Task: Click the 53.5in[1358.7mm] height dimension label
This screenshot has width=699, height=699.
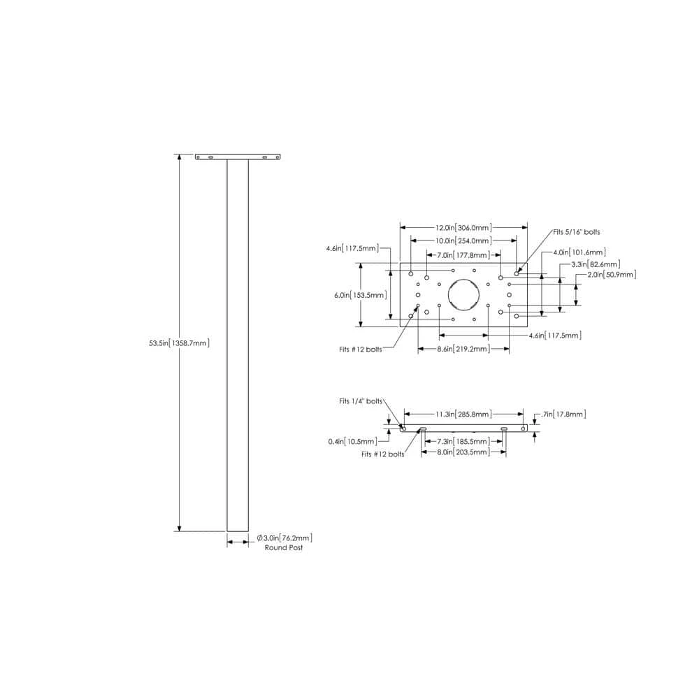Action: coord(179,343)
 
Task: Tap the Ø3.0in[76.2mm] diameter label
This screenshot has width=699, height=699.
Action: coord(284,538)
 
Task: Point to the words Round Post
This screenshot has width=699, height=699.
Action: coord(284,547)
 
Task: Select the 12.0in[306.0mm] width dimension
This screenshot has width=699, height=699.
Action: coord(463,227)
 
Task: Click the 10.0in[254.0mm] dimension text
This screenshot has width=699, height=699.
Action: coord(463,240)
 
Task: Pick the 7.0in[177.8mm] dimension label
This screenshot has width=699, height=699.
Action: coord(463,255)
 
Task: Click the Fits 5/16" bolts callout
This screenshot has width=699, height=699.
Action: coord(577,232)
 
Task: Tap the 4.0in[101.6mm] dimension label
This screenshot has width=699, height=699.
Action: coord(579,252)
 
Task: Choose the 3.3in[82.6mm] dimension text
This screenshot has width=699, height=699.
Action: coord(596,264)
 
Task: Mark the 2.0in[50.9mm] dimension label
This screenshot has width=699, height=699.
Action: coord(612,275)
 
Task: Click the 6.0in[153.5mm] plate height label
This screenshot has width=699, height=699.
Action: coord(361,295)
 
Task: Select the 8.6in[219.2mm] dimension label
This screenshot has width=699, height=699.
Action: coord(463,349)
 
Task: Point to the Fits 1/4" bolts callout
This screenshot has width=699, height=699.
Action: coord(361,401)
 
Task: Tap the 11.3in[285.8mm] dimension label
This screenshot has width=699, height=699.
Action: coord(463,414)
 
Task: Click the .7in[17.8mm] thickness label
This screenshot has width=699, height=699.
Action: coord(563,414)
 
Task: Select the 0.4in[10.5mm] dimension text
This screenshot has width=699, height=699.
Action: coord(352,441)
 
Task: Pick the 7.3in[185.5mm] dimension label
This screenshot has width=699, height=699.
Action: coord(463,441)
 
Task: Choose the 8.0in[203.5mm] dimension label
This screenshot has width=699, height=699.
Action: coord(463,452)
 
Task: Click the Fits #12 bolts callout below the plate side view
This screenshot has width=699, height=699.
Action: coord(383,454)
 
